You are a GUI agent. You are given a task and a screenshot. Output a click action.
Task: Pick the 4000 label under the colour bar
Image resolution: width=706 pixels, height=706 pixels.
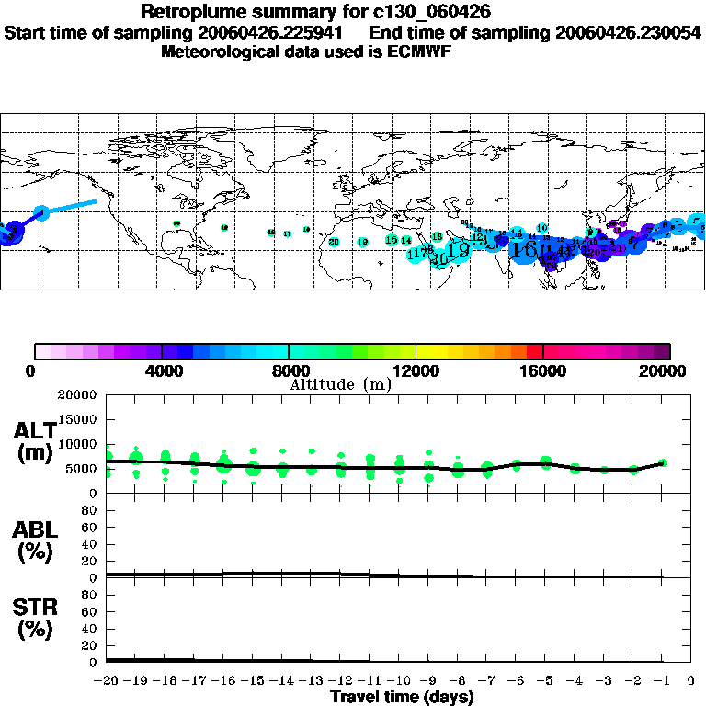coord(161,371)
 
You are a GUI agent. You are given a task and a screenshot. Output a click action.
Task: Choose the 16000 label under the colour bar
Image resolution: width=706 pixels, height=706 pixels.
coord(543,371)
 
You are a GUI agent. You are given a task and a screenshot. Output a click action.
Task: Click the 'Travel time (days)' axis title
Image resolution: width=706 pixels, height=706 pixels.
coord(402,698)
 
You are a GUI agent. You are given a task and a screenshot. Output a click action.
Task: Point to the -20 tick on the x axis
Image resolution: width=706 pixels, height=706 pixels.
coord(107,681)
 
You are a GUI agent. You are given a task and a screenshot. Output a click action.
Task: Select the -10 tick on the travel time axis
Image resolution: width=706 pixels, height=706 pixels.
coord(399,681)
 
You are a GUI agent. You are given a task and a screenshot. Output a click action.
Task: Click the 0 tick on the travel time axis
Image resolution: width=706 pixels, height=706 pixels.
coord(691,681)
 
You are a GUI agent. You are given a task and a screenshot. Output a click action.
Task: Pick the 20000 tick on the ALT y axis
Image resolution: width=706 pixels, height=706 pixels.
coord(77,395)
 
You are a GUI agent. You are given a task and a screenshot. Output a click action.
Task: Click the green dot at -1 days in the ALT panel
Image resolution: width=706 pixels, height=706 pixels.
coord(662,463)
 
